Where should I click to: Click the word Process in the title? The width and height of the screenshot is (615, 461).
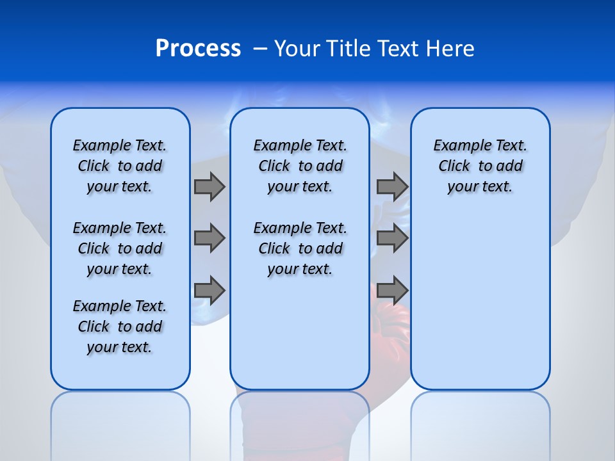[x=198, y=49]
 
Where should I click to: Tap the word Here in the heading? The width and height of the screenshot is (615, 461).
[x=450, y=49]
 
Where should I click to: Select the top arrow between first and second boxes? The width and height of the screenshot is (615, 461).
[x=209, y=186]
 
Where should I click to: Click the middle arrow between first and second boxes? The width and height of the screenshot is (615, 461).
[x=209, y=239]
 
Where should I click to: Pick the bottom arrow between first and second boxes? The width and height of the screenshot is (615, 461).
[x=209, y=290]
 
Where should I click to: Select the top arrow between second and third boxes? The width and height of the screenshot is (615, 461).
[x=392, y=186]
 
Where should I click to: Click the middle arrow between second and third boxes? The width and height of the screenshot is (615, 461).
[x=392, y=239]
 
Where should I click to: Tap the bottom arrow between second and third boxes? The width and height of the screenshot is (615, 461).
[x=392, y=290]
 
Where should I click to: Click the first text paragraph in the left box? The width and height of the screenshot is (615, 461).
[x=120, y=166]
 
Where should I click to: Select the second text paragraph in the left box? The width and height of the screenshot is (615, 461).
[x=120, y=248]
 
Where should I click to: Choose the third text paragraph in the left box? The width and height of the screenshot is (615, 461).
[x=120, y=327]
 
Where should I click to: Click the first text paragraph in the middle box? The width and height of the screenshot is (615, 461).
[x=300, y=166]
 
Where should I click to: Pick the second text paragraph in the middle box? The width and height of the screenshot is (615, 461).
[x=300, y=248]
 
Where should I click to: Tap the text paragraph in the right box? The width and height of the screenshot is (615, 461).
[x=480, y=166]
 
